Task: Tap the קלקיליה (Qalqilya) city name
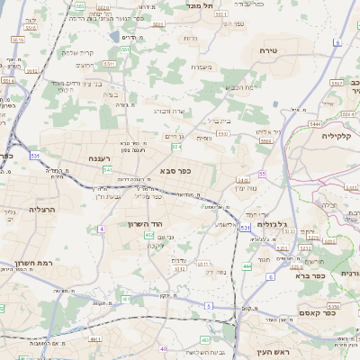click(x=340, y=135)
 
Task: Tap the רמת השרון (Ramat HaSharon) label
click(x=31, y=265)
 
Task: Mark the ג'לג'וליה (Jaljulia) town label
click(x=271, y=224)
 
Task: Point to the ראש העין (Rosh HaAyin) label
click(x=269, y=352)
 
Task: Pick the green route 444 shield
click(x=247, y=266)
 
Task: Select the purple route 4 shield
click(x=102, y=229)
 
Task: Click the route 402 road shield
click(x=148, y=234)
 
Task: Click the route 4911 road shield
click(x=94, y=339)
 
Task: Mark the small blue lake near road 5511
click(x=114, y=37)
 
